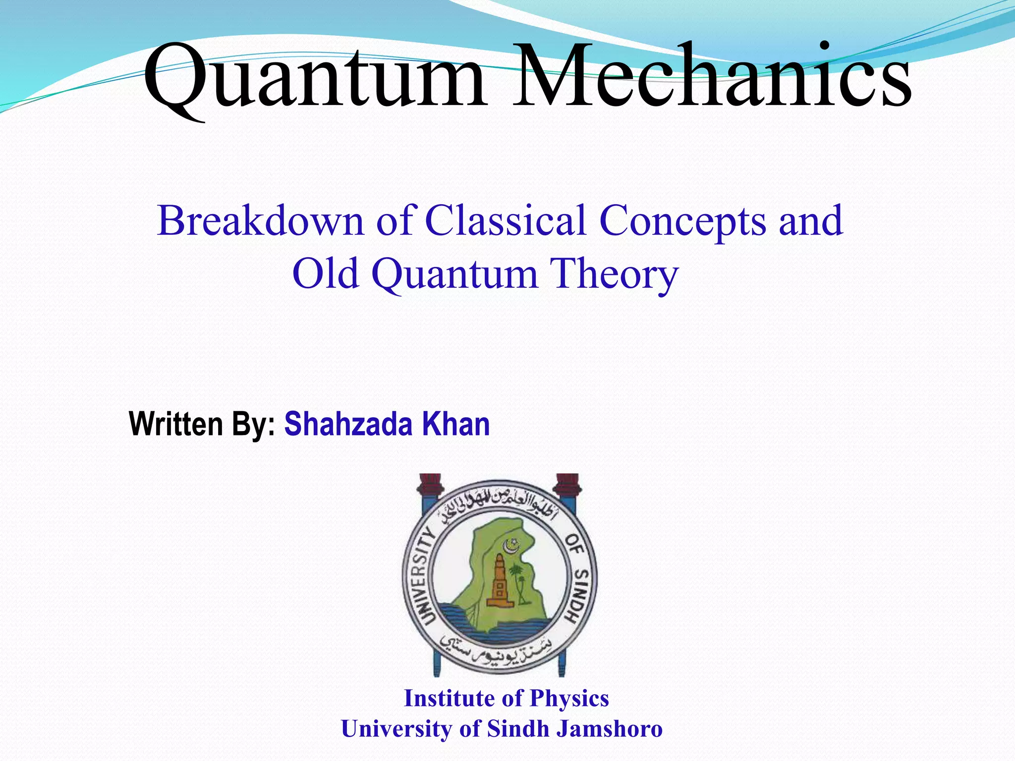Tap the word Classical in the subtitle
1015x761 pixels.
pos(506,221)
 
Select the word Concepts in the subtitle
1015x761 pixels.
pos(682,221)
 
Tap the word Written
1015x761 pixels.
pos(176,424)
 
